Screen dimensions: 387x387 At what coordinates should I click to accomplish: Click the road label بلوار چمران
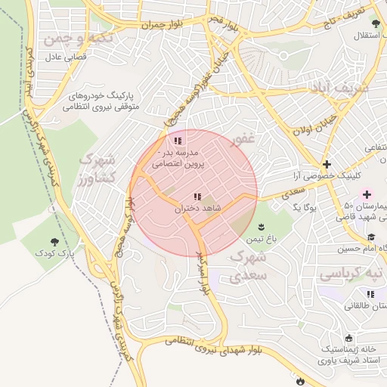162,24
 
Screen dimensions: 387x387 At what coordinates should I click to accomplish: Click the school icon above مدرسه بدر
178,141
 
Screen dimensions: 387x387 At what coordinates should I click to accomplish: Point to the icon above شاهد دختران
197,197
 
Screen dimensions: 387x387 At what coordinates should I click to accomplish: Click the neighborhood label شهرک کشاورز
96,169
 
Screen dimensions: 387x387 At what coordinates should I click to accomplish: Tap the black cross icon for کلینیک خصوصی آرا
326,164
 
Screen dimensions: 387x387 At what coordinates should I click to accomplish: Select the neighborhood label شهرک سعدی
246,267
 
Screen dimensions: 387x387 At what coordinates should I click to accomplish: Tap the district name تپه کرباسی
350,271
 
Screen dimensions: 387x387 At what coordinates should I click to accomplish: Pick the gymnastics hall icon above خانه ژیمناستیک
349,338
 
